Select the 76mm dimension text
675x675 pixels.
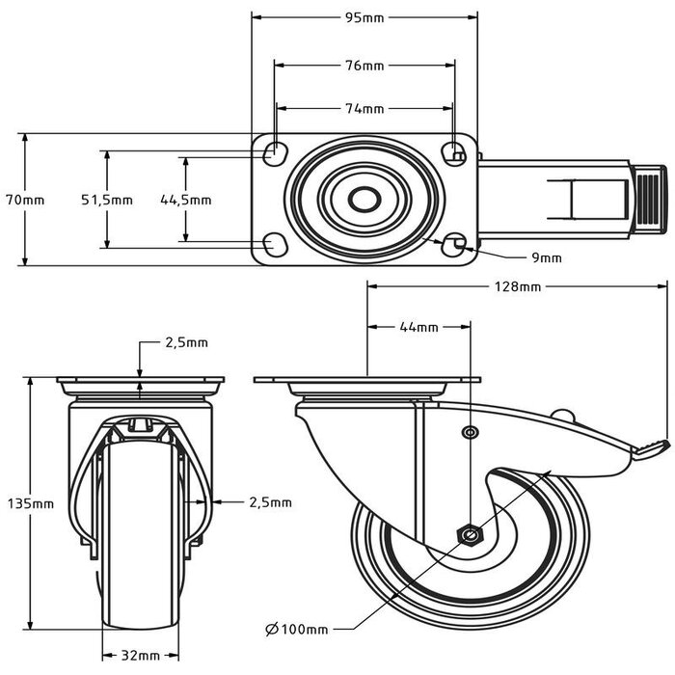point(364,66)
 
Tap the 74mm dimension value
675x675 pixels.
point(364,109)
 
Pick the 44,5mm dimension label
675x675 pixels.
point(185,200)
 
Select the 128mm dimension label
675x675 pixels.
point(517,286)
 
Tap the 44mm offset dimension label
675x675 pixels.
point(418,328)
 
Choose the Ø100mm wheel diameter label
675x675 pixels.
point(297,630)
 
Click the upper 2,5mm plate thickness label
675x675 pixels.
point(186,342)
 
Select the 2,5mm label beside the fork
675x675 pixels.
point(268,501)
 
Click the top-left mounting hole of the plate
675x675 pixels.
point(274,151)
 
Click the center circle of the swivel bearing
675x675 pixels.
point(364,199)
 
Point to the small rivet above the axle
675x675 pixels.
point(469,432)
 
